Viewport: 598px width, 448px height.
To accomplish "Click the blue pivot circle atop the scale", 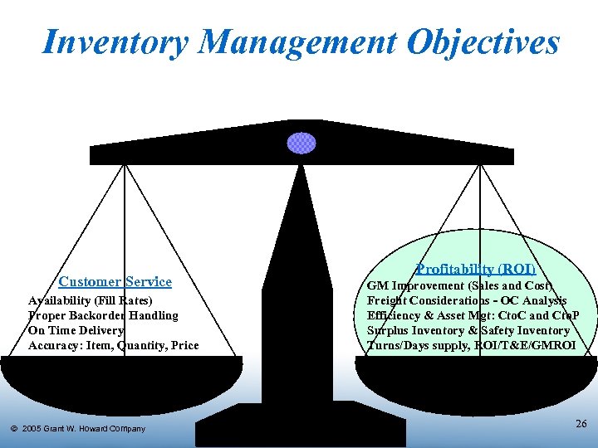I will [x=301, y=143].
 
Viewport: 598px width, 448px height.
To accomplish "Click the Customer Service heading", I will [x=115, y=282].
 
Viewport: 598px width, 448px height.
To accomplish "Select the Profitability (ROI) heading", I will [x=476, y=269].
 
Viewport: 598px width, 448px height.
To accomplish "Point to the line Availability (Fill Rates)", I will [x=91, y=300].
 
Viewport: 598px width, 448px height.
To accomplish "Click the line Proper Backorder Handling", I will [x=103, y=315].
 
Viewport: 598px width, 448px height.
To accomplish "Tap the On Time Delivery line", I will [x=76, y=330].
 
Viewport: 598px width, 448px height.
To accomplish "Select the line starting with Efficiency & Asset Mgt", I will [x=473, y=315].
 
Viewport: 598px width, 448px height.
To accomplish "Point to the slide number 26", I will [x=581, y=424].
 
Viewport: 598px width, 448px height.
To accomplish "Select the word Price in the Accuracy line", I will [x=184, y=345].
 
